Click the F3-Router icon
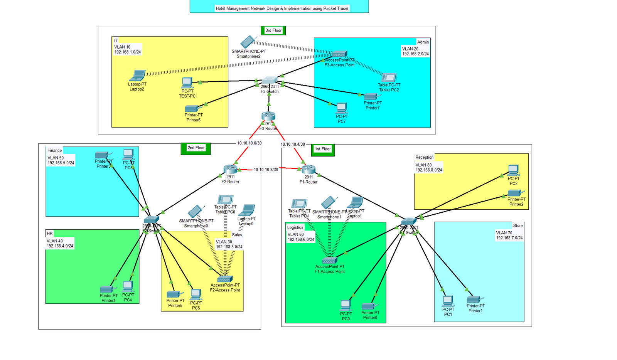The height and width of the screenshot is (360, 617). (x=268, y=116)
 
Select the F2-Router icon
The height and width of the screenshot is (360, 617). (x=230, y=169)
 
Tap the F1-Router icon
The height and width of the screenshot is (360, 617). (x=308, y=169)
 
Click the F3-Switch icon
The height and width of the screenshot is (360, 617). (x=270, y=81)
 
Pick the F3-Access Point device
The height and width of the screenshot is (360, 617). (x=339, y=54)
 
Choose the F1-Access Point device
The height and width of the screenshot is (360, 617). (x=329, y=261)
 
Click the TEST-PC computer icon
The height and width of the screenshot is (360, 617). (x=187, y=82)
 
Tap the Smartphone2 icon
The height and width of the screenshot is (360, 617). (x=248, y=42)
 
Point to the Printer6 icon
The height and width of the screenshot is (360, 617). (x=192, y=109)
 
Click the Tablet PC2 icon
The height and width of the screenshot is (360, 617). (x=389, y=77)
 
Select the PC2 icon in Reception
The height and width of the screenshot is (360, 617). (x=513, y=170)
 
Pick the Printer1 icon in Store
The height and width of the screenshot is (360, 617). (x=474, y=299)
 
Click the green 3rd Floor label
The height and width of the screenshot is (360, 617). (x=273, y=30)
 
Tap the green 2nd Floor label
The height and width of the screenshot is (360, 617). (x=196, y=148)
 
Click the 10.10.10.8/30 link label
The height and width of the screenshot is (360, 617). (x=266, y=170)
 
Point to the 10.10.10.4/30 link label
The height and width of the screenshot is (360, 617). (x=293, y=145)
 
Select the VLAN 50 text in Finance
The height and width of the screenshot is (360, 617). (x=56, y=158)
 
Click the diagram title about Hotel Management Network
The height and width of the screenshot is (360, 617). (x=282, y=8)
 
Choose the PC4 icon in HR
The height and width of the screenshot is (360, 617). (x=128, y=286)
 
